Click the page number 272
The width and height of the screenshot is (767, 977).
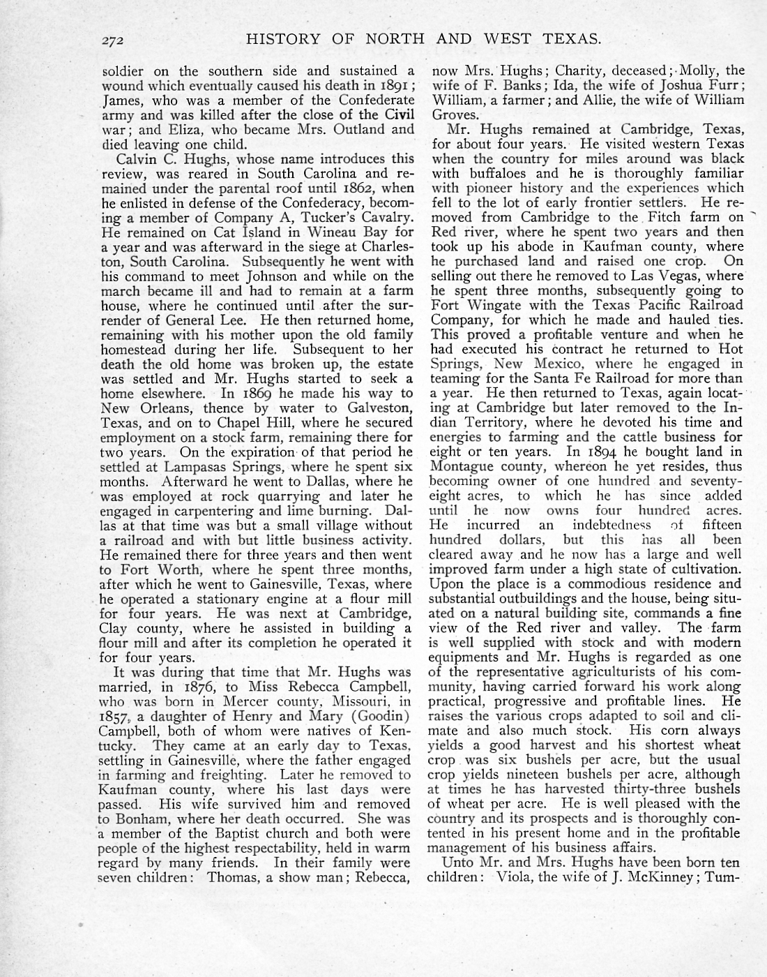tap(111, 40)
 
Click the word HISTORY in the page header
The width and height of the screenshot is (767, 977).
tap(280, 39)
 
